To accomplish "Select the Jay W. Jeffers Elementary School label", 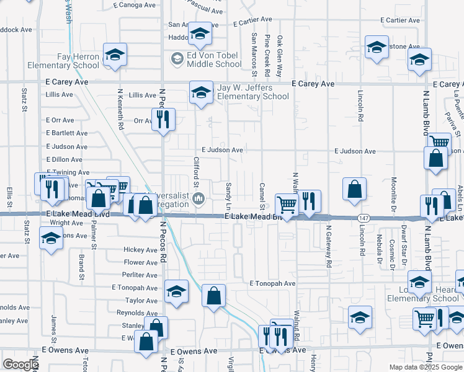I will click(x=253, y=92).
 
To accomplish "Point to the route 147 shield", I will click(x=364, y=218).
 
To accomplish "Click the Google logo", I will click(x=20, y=365).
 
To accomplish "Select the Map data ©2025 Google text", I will click(x=425, y=367).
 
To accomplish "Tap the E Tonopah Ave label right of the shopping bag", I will click(x=272, y=283).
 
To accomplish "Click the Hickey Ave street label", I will click(x=140, y=250).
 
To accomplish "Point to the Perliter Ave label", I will click(x=140, y=275).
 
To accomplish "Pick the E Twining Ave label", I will click(x=68, y=172).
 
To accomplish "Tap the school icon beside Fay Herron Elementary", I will click(x=115, y=55).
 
